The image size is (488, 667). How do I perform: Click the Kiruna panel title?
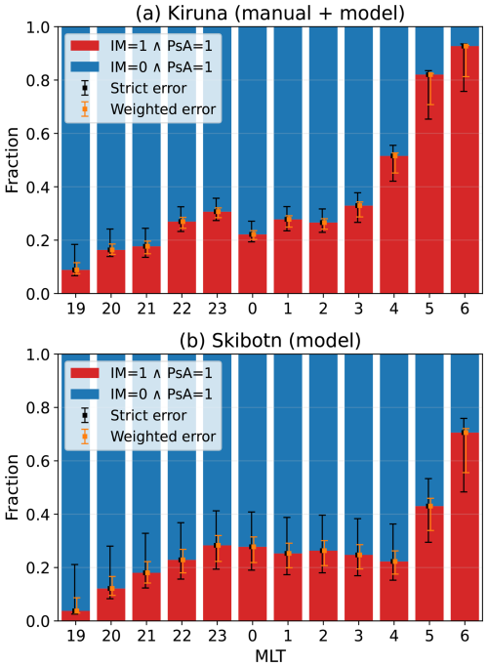tap(270, 14)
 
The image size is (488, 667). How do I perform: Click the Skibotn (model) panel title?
tap(270, 341)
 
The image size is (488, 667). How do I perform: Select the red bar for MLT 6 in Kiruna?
tap(465, 170)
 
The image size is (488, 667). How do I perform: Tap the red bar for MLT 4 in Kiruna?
tap(394, 225)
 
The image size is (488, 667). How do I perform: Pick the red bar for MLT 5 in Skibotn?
tap(429, 563)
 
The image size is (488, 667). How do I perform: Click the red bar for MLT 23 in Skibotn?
tap(218, 583)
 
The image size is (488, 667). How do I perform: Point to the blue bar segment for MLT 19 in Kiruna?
tap(76, 148)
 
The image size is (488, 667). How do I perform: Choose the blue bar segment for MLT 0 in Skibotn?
tap(253, 450)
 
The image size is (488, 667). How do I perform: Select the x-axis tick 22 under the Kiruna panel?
tap(182, 308)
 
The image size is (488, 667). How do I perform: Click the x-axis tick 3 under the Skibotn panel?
tap(358, 636)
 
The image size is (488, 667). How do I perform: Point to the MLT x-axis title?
tap(270, 656)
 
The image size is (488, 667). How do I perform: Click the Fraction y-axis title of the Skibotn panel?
tap(13, 487)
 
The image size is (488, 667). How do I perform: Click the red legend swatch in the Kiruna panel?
tap(85, 46)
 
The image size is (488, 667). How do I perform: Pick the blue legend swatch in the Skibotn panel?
tap(85, 394)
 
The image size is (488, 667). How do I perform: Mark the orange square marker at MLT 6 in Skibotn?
tap(466, 433)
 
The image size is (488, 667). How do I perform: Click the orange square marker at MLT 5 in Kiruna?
tap(430, 75)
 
